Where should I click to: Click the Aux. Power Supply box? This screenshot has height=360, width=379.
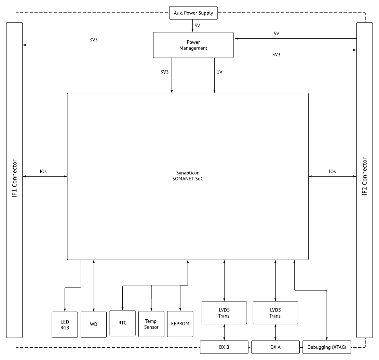click(x=193, y=13)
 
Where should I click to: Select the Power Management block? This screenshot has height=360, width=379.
click(x=193, y=45)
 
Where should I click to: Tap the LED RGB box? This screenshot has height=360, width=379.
click(x=65, y=325)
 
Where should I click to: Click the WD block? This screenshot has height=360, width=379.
click(x=94, y=325)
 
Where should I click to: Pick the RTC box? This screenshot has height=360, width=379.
click(x=123, y=323)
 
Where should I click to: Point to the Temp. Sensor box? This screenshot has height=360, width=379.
click(x=151, y=324)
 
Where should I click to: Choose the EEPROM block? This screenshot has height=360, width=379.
click(x=180, y=324)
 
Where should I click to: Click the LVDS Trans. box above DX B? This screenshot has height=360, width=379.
click(x=224, y=313)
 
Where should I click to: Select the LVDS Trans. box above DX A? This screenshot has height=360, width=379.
click(x=275, y=313)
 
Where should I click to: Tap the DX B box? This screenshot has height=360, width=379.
click(x=224, y=347)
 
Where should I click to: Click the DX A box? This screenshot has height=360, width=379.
click(x=275, y=347)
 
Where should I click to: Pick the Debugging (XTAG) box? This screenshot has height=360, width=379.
click(x=327, y=347)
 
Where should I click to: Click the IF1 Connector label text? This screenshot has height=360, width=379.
click(x=14, y=178)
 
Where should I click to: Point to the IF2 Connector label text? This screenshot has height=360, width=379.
click(x=365, y=176)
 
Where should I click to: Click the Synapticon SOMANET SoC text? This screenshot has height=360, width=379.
click(x=188, y=176)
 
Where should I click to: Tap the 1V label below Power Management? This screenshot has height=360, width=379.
click(x=219, y=72)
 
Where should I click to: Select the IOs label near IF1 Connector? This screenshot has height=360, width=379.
click(x=43, y=171)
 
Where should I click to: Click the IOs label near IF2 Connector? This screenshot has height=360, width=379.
click(x=332, y=171)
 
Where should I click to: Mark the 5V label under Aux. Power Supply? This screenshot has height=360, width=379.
click(x=197, y=25)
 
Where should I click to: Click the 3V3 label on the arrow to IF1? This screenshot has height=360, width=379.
click(x=94, y=40)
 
